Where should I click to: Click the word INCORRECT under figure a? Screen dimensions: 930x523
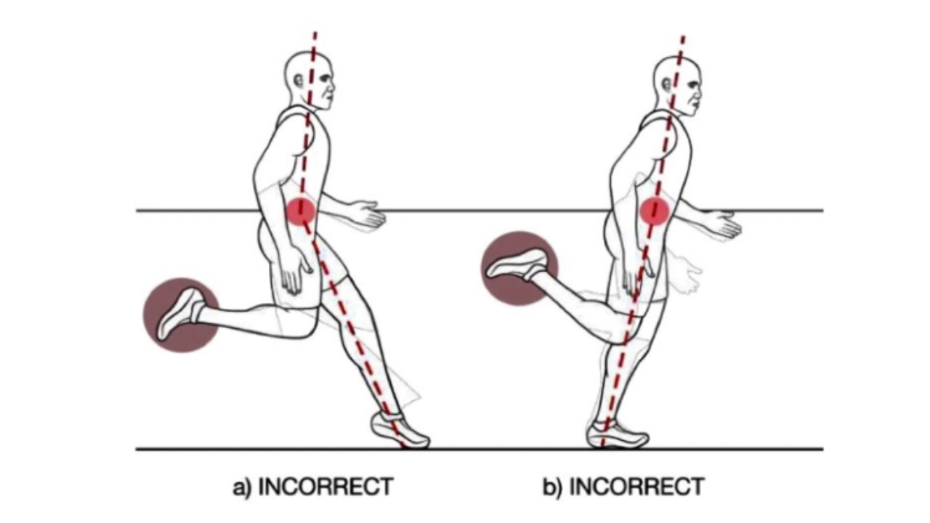(x=325, y=487)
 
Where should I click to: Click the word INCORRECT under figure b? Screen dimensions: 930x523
(x=636, y=487)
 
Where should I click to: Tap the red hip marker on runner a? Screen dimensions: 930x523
(x=301, y=211)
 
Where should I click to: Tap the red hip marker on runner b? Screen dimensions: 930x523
(x=654, y=211)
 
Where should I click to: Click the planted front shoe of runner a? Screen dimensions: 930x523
(x=400, y=431)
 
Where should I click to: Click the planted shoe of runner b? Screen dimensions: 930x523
(x=618, y=434)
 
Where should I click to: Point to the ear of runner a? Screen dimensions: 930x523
(x=299, y=80)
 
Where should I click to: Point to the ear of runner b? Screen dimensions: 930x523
(x=667, y=84)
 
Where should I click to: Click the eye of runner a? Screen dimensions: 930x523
(x=323, y=79)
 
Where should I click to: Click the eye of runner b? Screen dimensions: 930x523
(x=692, y=84)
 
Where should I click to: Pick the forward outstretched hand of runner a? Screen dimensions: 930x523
(x=367, y=214)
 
